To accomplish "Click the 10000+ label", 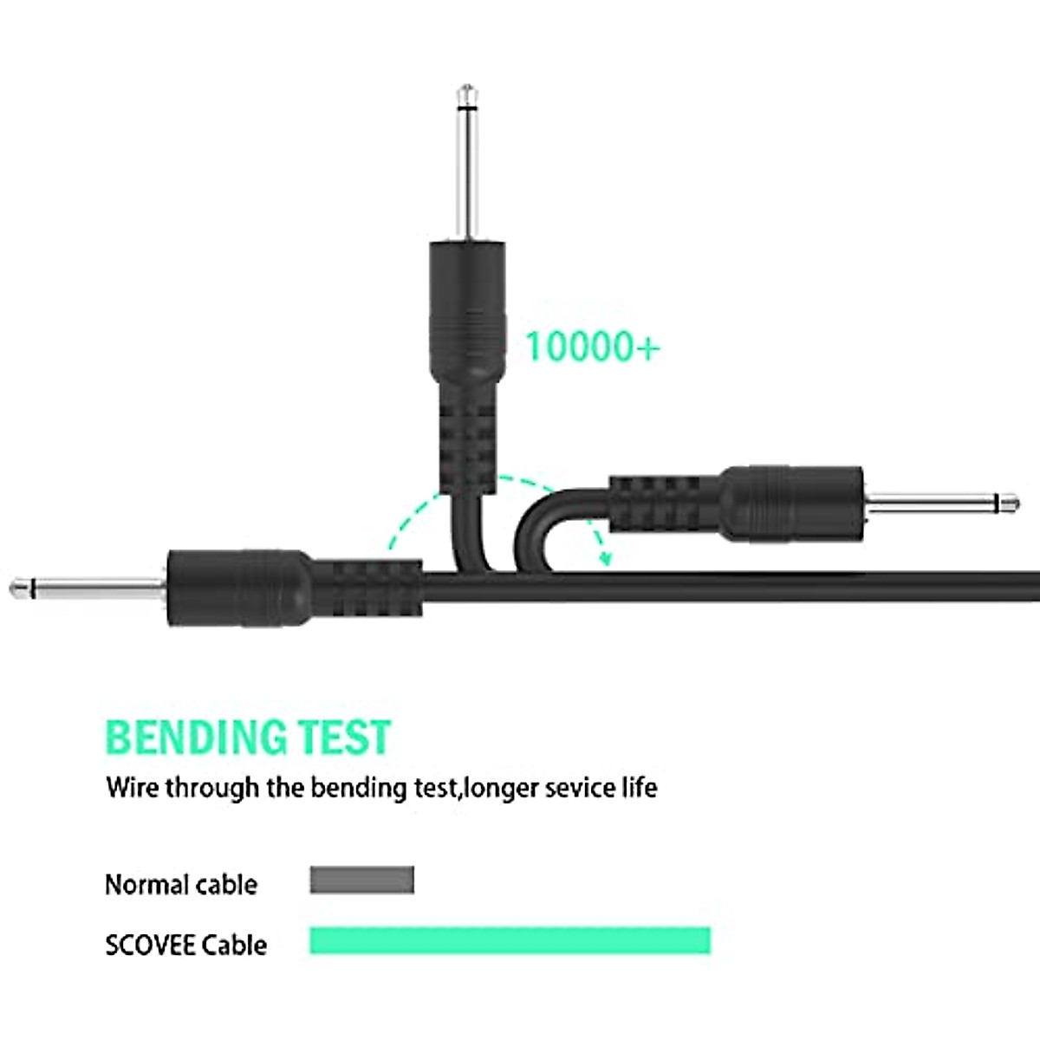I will click(x=592, y=347).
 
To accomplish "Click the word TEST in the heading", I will click(x=345, y=738).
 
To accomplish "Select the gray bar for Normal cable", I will click(x=361, y=881).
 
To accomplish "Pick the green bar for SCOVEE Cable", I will click(x=510, y=940).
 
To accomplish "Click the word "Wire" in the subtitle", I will click(x=133, y=789).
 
